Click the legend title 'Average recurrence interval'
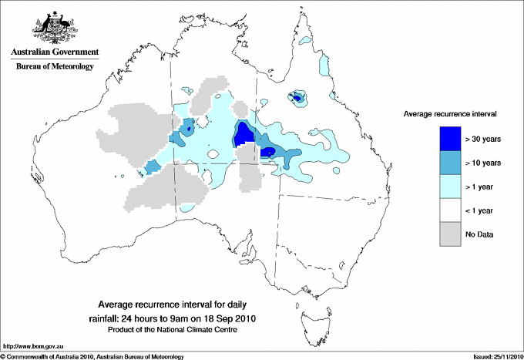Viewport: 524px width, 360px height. (x=449, y=114)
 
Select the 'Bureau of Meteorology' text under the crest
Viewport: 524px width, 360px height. (x=54, y=67)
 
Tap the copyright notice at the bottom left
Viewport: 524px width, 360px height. (x=92, y=356)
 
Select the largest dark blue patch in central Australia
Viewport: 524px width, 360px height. (x=245, y=136)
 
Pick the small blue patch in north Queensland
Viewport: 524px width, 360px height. (x=297, y=97)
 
